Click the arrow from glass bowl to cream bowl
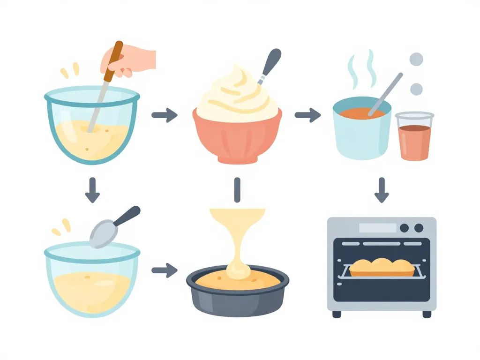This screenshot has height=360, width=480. [165, 115]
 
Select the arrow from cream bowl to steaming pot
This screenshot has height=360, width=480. [307, 115]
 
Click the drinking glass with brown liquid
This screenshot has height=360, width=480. [414, 137]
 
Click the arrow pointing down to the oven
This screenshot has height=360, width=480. [382, 190]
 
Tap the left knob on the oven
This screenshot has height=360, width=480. [404, 228]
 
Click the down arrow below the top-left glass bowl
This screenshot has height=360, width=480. [92, 190]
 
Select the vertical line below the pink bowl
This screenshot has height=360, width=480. [237, 189]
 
